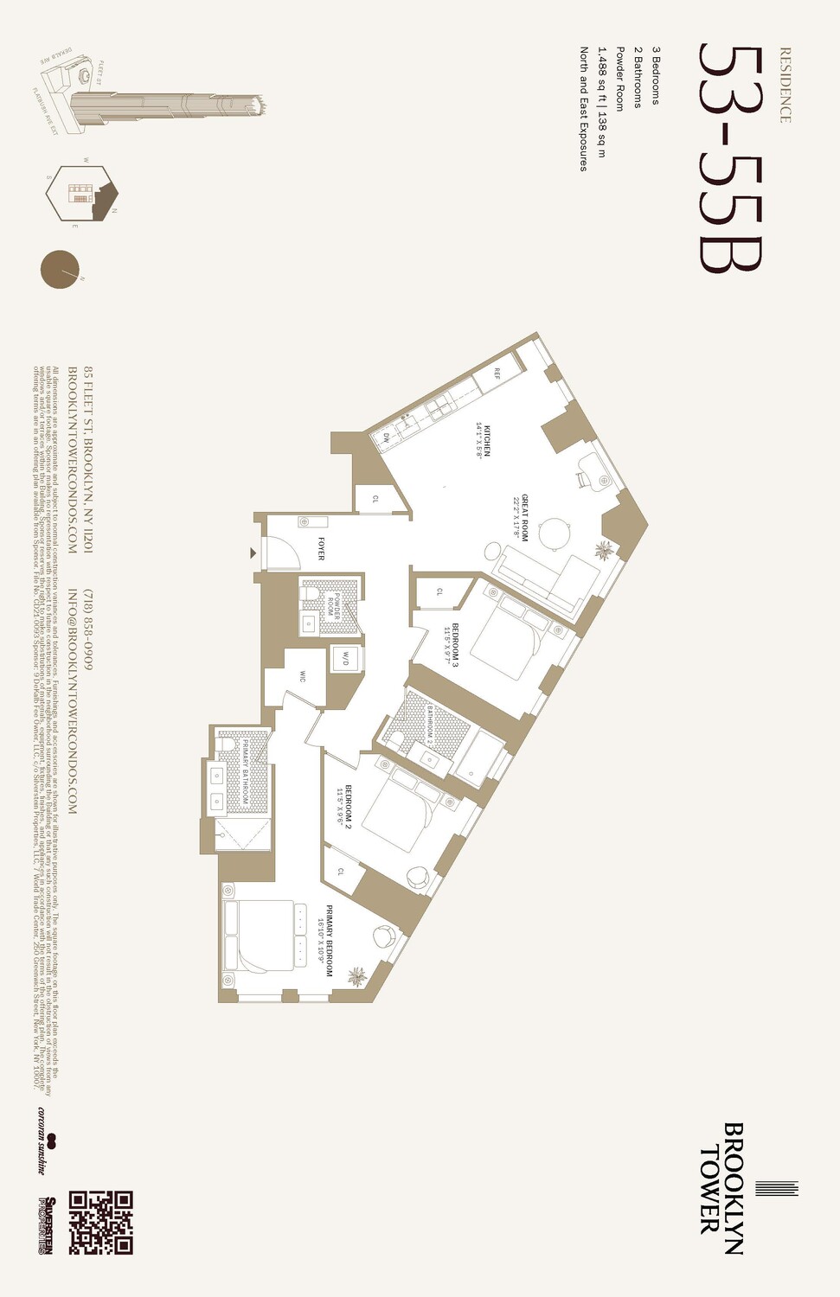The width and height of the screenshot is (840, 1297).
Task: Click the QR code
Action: click(x=101, y=1223)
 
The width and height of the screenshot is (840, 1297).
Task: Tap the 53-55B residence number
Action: click(x=731, y=158)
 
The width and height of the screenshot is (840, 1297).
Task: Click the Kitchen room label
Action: click(x=483, y=441)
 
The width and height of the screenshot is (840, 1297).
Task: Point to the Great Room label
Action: click(x=520, y=518)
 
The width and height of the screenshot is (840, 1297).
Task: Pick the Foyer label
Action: click(x=321, y=549)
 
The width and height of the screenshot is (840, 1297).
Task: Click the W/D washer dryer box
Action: click(x=346, y=658)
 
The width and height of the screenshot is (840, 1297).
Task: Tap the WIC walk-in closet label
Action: click(x=303, y=675)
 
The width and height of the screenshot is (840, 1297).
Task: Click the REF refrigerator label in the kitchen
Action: click(x=497, y=374)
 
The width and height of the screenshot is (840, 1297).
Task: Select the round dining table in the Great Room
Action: click(x=555, y=533)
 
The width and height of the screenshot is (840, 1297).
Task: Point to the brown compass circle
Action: click(x=60, y=269)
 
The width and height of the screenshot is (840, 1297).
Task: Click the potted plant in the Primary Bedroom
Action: click(x=356, y=978)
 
